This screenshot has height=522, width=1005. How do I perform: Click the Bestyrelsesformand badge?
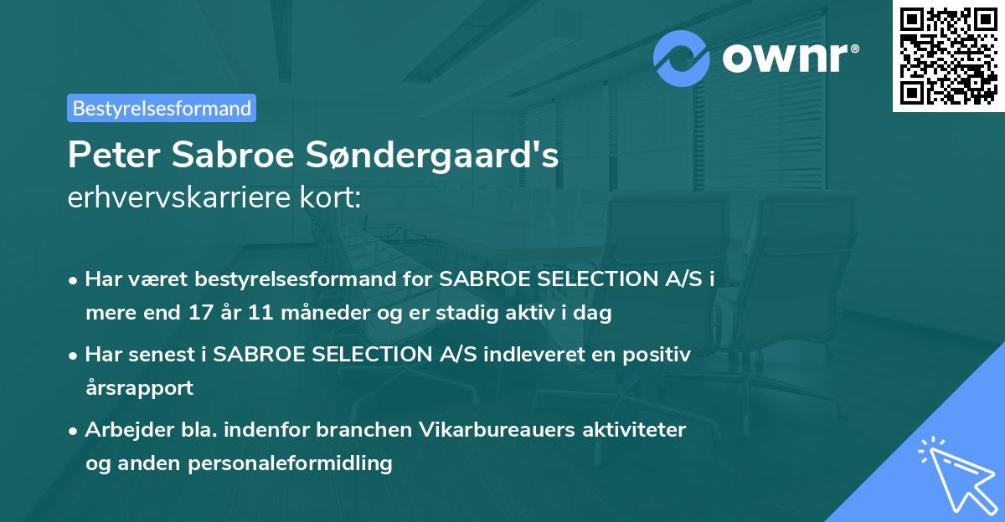(x=162, y=108)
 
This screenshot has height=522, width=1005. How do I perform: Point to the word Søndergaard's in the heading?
(x=425, y=156)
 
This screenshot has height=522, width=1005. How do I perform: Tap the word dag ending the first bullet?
(x=597, y=314)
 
